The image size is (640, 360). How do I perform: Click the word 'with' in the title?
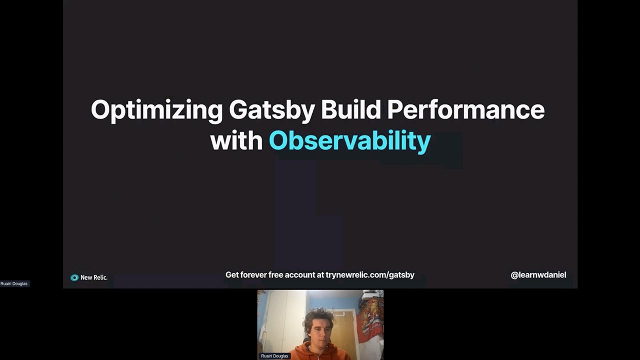[x=236, y=141]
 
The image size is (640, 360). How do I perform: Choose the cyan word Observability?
[x=349, y=141]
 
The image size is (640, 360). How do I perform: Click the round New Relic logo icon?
[x=74, y=277]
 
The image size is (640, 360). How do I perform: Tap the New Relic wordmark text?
[x=94, y=277]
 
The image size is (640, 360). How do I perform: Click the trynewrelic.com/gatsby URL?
[x=370, y=274]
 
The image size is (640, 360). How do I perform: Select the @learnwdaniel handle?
[x=538, y=274]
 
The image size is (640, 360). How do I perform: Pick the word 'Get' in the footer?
[x=231, y=274]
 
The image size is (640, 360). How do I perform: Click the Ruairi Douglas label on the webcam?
[x=274, y=356]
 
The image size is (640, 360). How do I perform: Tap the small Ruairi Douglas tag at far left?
[x=14, y=283]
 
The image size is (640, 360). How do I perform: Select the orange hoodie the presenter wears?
[x=320, y=353]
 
